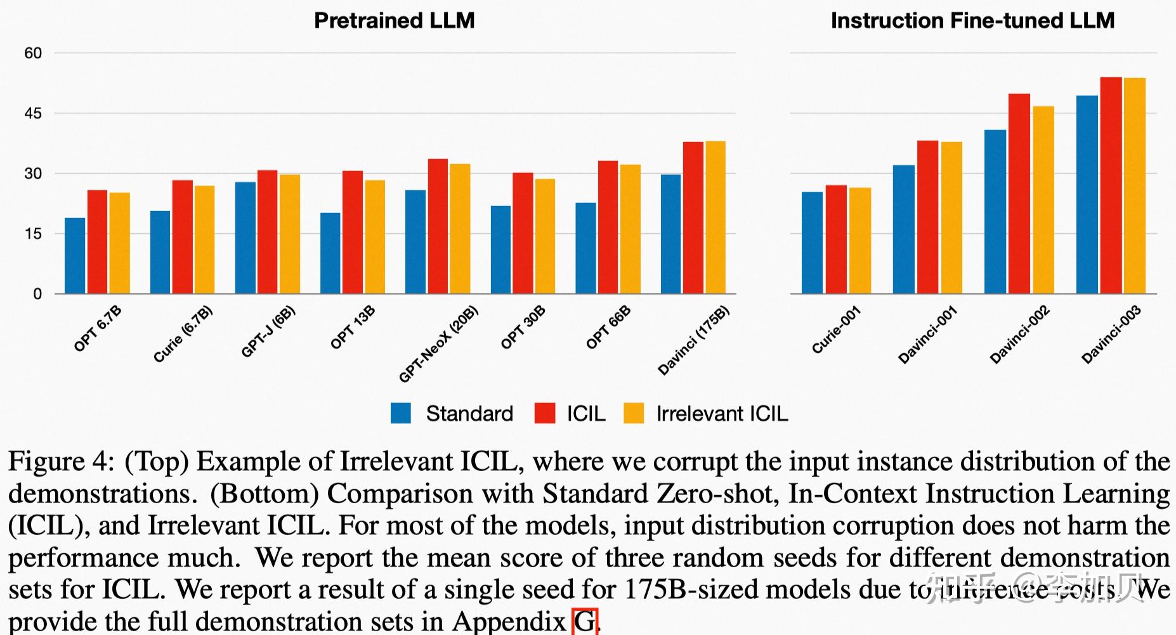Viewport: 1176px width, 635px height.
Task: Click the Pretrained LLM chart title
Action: (394, 20)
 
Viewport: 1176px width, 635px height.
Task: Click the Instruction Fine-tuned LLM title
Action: (972, 20)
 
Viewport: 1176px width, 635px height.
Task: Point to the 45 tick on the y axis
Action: (33, 113)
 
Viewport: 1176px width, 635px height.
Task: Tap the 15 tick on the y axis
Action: (33, 234)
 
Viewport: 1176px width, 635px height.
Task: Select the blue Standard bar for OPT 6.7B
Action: (75, 256)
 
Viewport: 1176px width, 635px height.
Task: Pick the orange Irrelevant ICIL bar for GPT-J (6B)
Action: (290, 234)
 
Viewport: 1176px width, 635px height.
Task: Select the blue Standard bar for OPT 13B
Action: (330, 253)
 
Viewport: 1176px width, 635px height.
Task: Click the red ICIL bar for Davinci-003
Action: (1111, 185)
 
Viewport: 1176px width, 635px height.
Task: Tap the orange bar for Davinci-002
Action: (1043, 200)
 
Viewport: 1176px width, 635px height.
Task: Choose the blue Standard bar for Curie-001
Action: (812, 243)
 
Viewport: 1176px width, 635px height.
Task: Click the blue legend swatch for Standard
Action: (401, 413)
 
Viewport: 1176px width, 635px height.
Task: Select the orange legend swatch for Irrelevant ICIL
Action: (634, 413)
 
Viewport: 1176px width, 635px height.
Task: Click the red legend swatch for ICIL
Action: (545, 413)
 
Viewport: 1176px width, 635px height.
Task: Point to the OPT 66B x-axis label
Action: (608, 328)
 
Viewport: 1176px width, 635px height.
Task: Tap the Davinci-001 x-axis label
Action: (927, 335)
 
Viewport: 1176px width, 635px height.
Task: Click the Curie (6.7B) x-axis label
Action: (183, 334)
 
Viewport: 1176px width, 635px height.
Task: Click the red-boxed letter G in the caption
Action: (585, 621)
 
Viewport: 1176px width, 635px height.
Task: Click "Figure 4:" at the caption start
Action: (61, 461)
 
